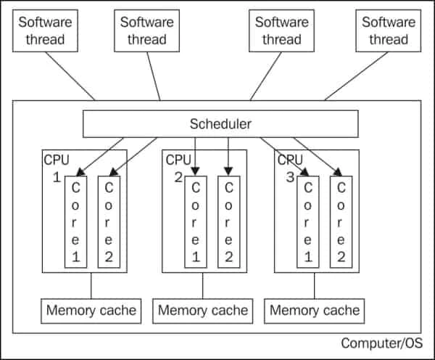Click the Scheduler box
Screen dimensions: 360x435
click(x=220, y=124)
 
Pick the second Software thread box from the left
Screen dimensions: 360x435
click(x=147, y=31)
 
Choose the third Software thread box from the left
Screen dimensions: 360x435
click(x=282, y=31)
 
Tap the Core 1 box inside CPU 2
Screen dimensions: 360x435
click(x=195, y=221)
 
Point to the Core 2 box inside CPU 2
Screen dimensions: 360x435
click(x=228, y=221)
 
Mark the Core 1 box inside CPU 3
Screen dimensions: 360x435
click(x=308, y=221)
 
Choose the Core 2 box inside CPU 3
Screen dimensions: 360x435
click(x=340, y=221)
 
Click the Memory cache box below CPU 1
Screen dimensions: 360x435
click(x=91, y=311)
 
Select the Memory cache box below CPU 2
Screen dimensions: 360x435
click(x=202, y=311)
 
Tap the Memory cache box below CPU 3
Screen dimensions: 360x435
click(x=315, y=311)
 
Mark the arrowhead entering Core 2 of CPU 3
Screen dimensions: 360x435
click(x=338, y=172)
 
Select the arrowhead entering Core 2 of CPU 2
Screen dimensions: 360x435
click(x=228, y=171)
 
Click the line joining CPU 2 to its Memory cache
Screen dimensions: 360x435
click(x=202, y=285)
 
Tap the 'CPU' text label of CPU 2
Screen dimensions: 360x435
click(x=178, y=159)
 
